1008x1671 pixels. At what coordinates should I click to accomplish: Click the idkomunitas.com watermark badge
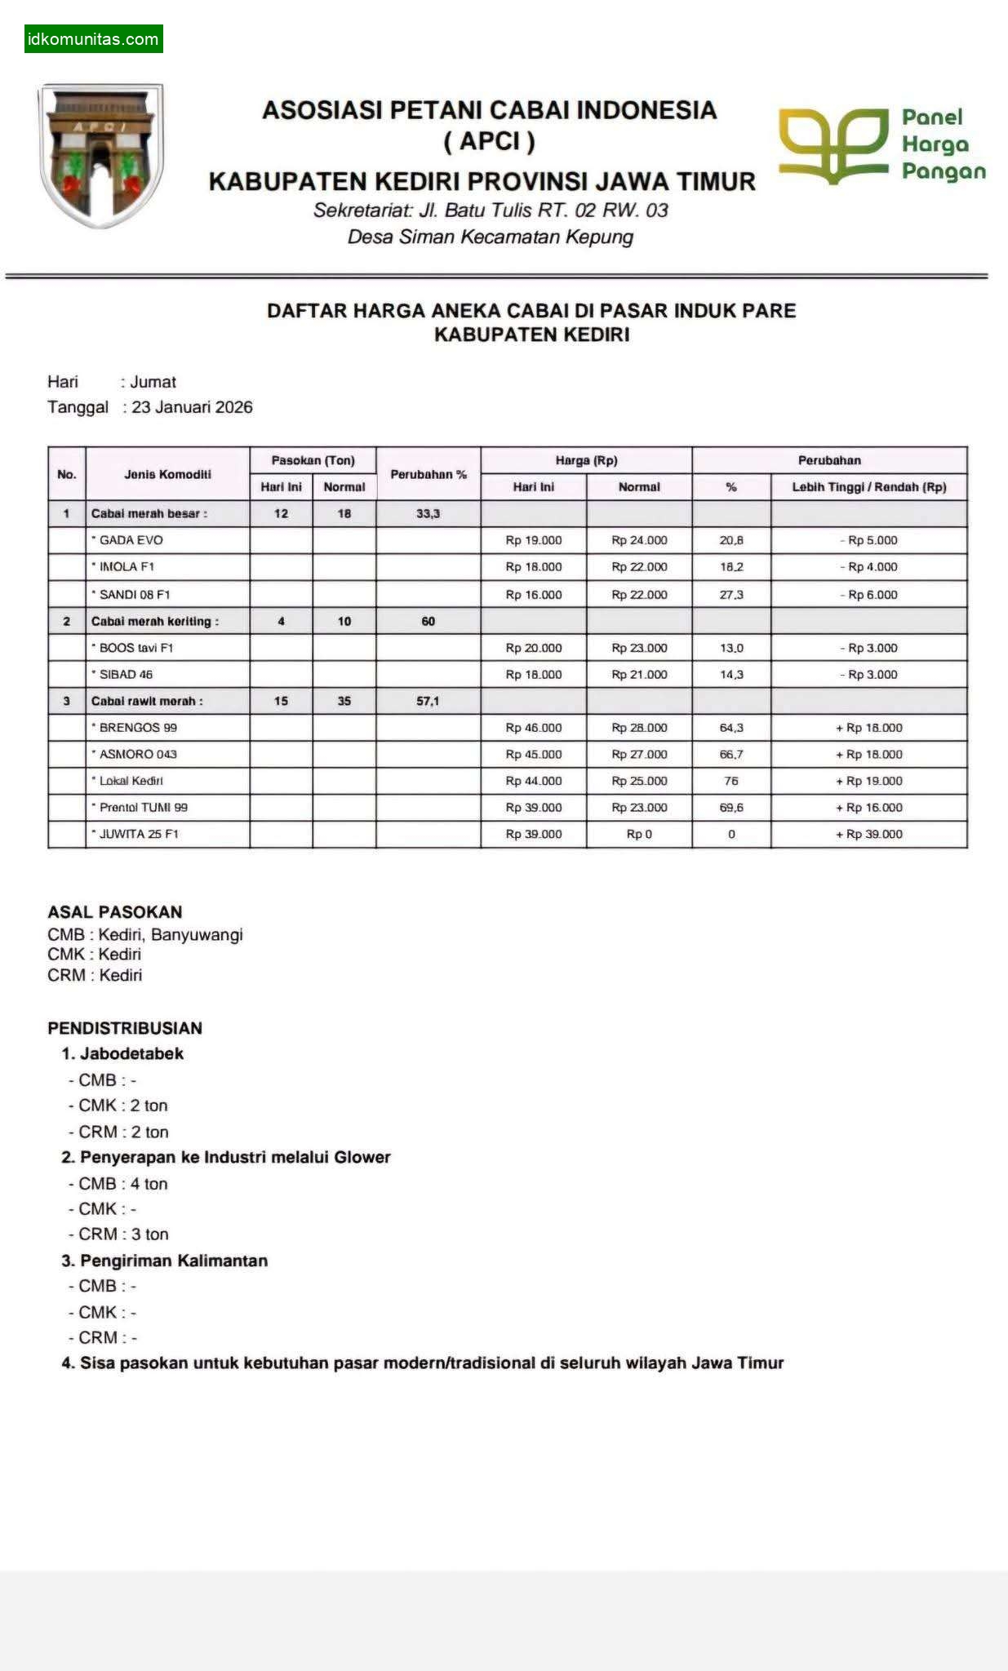[x=93, y=39]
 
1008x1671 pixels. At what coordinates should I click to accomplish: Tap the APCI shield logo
[x=100, y=154]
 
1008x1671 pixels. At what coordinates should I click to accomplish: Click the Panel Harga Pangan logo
[x=881, y=144]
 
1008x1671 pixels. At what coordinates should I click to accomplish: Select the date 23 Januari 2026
[x=192, y=407]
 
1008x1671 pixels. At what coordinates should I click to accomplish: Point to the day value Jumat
[x=153, y=382]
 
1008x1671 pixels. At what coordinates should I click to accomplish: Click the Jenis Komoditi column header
[x=167, y=474]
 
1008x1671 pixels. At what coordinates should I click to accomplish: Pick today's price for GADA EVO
[x=534, y=540]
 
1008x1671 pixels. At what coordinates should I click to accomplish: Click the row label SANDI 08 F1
[x=135, y=595]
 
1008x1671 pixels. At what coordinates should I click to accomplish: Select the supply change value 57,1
[x=428, y=701]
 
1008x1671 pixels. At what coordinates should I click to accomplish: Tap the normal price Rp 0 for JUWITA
[x=639, y=834]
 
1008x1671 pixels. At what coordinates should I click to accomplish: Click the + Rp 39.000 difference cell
[x=868, y=834]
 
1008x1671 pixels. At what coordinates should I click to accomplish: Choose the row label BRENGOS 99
[x=138, y=728]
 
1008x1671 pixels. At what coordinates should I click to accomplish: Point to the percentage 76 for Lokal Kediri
[x=731, y=781]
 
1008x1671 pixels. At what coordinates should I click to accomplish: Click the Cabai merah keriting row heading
[x=154, y=622]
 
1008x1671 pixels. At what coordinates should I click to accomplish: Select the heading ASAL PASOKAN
[x=115, y=912]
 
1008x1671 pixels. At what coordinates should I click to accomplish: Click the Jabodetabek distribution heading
[x=131, y=1053]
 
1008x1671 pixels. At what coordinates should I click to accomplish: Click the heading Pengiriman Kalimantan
[x=173, y=1261]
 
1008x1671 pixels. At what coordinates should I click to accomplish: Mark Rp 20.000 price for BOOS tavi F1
[x=534, y=648]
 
